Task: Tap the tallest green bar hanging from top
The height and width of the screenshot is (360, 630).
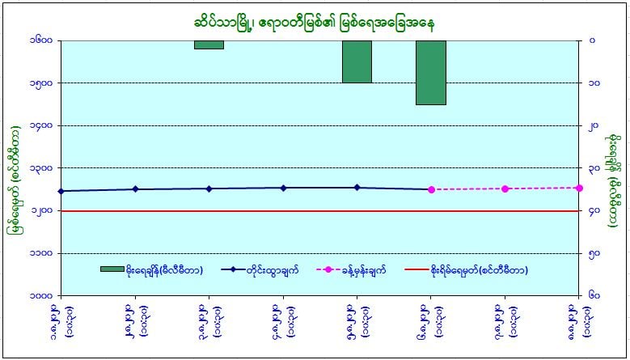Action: [x=431, y=72]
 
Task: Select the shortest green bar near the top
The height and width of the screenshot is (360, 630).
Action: [x=209, y=44]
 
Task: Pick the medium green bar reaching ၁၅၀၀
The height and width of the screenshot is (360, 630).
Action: [x=357, y=61]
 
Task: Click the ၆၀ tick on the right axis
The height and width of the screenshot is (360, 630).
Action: [x=594, y=296]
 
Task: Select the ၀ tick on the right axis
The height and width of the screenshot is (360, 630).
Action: [x=593, y=40]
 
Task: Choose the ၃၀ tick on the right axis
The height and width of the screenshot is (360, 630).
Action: [x=594, y=168]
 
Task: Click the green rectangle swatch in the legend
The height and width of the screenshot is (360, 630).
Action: [x=112, y=269]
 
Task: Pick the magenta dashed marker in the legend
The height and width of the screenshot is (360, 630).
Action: [x=340, y=269]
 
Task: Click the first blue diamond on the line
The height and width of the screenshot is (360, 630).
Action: [x=61, y=191]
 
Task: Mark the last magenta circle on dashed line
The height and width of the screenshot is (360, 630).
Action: [x=579, y=188]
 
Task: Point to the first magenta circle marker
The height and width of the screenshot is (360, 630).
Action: [x=431, y=189]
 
